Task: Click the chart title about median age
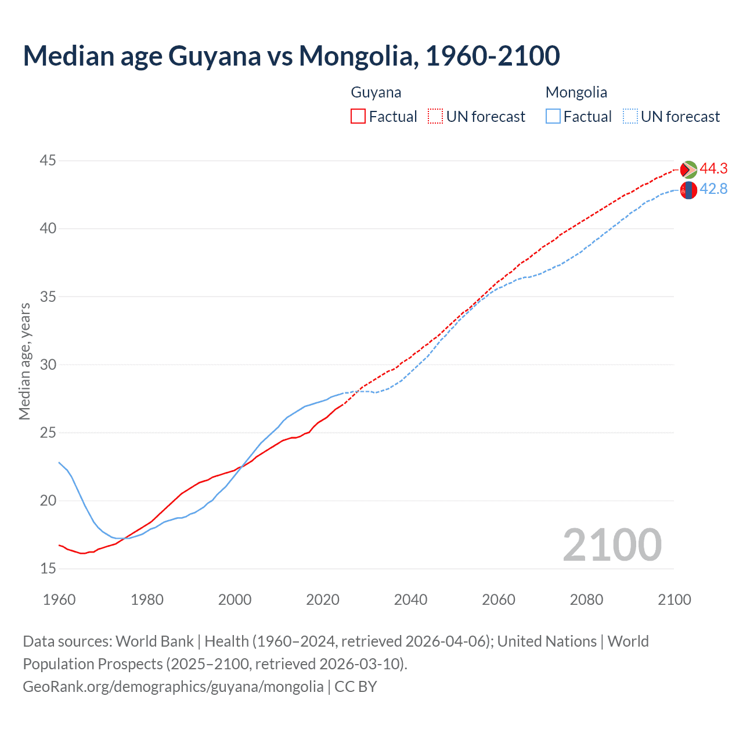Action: [291, 56]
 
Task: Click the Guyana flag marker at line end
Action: [688, 169]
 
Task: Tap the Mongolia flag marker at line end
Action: [688, 190]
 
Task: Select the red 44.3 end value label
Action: [713, 168]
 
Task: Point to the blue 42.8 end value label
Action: [713, 189]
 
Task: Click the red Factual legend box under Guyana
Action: [358, 116]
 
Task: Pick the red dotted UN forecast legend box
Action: [435, 116]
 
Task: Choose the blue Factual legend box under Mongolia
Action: [553, 116]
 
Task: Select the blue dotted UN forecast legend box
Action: [630, 116]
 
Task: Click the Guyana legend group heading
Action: [376, 92]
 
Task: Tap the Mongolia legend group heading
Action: [576, 92]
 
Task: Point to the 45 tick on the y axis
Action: [48, 160]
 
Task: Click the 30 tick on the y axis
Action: [48, 365]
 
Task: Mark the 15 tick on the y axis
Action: [48, 568]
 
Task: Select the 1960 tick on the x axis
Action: [59, 600]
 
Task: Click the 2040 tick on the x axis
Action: [410, 600]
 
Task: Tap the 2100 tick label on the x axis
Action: [675, 600]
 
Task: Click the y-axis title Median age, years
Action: [24, 361]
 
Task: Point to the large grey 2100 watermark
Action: [612, 544]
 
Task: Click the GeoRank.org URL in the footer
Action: [173, 686]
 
